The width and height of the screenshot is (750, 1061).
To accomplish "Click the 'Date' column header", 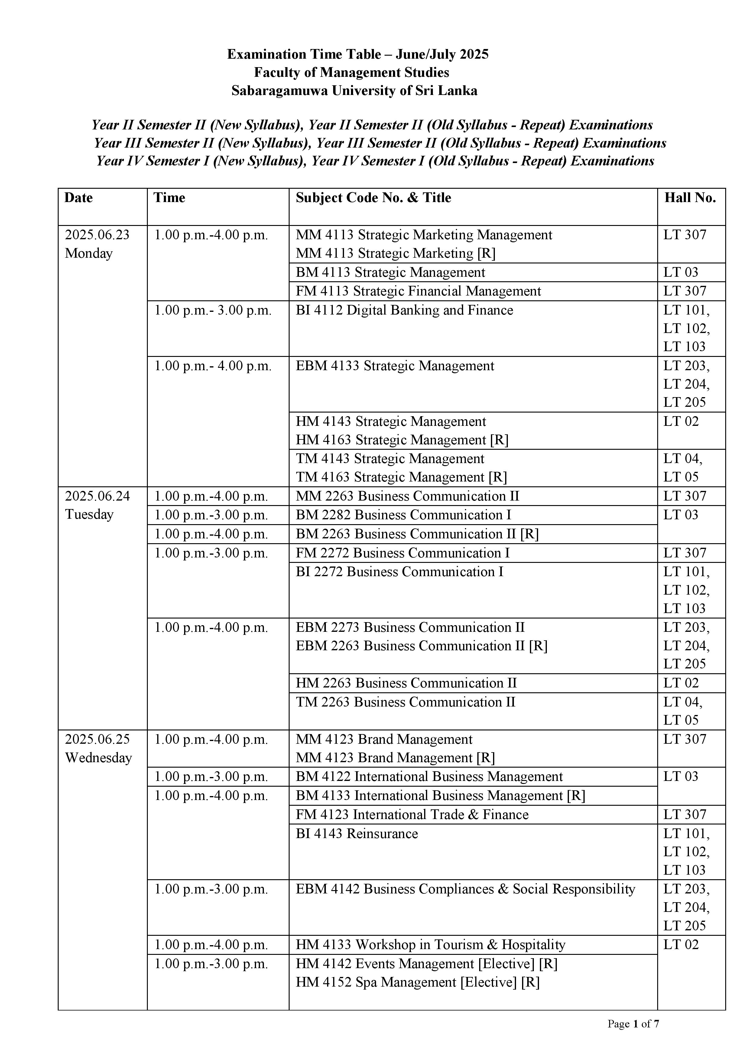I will tap(79, 198).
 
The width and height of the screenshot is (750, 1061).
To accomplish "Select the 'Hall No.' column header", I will tap(690, 198).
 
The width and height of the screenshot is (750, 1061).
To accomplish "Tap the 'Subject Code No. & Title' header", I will tap(373, 198).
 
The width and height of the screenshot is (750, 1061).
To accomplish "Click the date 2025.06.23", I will tap(97, 235).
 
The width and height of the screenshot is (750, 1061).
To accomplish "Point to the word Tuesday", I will tap(89, 514).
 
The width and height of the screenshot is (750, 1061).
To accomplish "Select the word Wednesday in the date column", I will tap(98, 758).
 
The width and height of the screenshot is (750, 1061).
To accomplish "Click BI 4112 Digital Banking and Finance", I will tap(404, 310).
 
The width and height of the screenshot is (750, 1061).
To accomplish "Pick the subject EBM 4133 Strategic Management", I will tap(395, 366).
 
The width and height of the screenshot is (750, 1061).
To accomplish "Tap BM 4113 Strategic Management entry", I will tap(390, 273).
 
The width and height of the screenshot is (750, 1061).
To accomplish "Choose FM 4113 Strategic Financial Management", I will tap(418, 291).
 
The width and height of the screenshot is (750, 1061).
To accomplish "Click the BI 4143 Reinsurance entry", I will tap(356, 834).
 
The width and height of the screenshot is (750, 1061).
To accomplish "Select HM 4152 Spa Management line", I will tap(417, 982).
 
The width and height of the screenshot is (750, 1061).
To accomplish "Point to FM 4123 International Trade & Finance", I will tap(412, 815).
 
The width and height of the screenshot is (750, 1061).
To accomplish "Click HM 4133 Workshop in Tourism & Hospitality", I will tap(430, 945).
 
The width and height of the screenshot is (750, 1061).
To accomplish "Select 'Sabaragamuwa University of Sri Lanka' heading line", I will tap(354, 90).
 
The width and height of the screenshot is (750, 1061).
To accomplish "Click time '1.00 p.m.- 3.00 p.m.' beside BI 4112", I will tap(213, 310).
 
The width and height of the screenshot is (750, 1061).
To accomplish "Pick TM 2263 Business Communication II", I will tap(405, 702).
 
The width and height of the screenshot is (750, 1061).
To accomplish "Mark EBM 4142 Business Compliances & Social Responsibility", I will tap(465, 889).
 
